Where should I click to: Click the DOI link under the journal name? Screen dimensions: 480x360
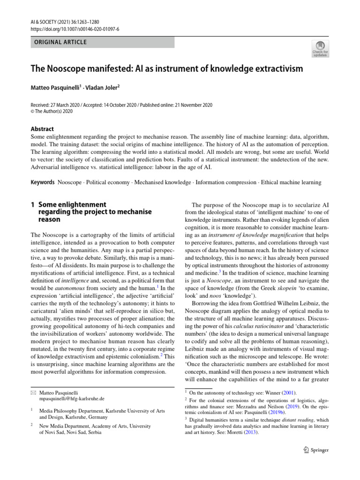pyautogui.click(x=75, y=29)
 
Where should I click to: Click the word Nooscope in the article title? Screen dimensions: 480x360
pyautogui.click(x=64, y=69)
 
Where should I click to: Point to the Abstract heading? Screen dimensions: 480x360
pyautogui.click(x=42, y=129)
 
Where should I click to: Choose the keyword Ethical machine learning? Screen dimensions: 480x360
pyautogui.click(x=291, y=182)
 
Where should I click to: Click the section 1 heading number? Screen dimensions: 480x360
pyautogui.click(x=33, y=204)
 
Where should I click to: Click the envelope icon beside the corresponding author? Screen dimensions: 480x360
pyautogui.click(x=33, y=392)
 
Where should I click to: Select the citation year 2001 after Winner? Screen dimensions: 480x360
pyautogui.click(x=287, y=392)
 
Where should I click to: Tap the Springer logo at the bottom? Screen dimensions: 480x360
pyautogui.click(x=316, y=450)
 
